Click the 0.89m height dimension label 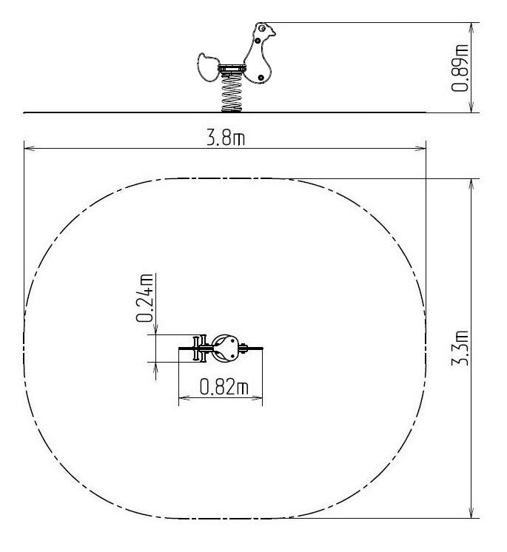click(460, 68)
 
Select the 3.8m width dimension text click(226, 138)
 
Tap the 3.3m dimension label click(460, 348)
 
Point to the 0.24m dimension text click(145, 297)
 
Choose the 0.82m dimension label click(224, 386)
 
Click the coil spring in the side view click(232, 92)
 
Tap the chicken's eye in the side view click(261, 28)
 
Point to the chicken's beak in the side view click(272, 33)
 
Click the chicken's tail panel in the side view click(208, 67)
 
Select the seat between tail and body click(231, 68)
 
